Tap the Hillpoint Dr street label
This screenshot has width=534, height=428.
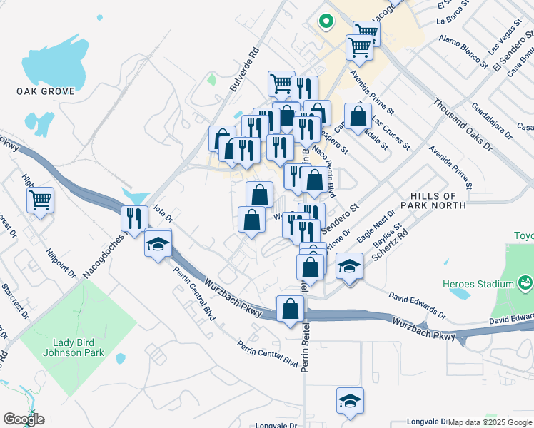click(60, 262)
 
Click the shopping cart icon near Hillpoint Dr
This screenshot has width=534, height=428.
click(41, 200)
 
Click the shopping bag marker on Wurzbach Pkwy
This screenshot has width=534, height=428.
click(290, 310)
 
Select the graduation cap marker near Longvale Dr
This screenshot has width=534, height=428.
click(350, 401)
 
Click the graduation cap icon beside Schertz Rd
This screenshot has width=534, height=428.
click(348, 267)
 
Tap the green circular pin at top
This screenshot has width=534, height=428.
click(326, 22)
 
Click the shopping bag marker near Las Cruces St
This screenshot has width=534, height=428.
click(358, 116)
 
